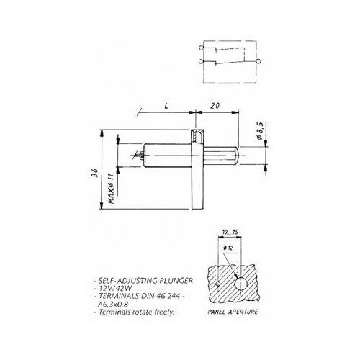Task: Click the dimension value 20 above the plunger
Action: [x=214, y=105]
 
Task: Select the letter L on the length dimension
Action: [x=166, y=105]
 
